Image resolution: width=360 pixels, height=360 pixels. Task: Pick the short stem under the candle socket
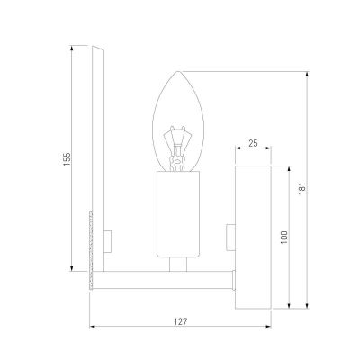[178, 265]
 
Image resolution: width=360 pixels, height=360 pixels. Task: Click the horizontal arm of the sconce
[166, 279]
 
